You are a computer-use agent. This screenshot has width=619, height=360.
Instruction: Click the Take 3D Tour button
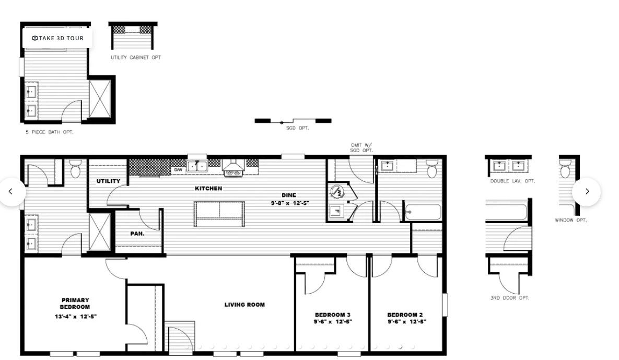(57, 38)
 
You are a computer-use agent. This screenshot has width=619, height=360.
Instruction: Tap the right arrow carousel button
(587, 192)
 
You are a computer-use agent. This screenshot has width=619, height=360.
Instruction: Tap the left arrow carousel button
(11, 192)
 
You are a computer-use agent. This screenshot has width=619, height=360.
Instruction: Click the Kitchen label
(208, 188)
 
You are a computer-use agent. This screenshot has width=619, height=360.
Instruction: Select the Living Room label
(244, 305)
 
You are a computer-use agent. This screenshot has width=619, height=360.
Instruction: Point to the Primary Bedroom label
(75, 304)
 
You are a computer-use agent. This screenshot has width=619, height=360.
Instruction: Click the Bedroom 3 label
(333, 315)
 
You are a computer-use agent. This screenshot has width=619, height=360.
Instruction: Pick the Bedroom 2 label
(405, 315)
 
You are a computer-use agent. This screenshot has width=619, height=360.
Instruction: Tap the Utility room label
(108, 181)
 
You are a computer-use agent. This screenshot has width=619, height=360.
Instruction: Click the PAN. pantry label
(137, 234)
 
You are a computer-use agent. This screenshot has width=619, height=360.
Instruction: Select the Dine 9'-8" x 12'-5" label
(289, 199)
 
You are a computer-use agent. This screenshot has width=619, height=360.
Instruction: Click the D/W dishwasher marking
(178, 170)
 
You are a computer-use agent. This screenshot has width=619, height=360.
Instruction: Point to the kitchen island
(219, 214)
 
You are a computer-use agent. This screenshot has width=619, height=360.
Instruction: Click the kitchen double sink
(197, 166)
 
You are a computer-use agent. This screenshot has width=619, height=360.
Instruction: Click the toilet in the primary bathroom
(75, 169)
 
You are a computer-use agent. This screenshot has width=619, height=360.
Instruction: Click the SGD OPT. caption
(297, 127)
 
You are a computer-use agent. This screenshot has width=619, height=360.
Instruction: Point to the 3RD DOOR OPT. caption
(509, 298)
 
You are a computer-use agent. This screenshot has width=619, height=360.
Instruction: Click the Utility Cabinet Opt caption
(136, 57)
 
